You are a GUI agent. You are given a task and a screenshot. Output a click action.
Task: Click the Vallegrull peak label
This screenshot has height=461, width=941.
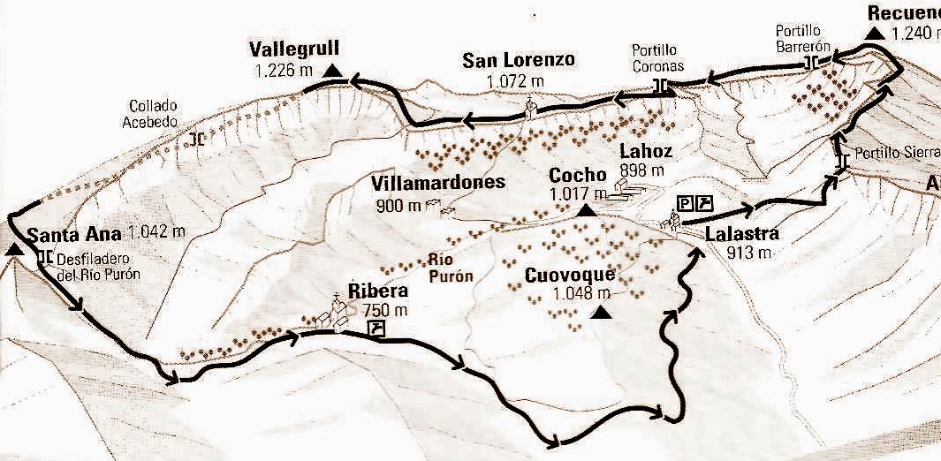click(294, 48)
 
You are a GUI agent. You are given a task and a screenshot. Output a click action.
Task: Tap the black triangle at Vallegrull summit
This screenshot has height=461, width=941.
click(331, 71)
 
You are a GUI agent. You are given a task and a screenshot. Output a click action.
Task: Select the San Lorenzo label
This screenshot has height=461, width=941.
click(518, 60)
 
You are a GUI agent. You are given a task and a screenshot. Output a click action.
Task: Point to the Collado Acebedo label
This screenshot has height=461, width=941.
click(151, 112)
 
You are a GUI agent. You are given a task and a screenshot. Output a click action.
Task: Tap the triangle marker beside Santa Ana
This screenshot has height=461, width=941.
click(13, 249)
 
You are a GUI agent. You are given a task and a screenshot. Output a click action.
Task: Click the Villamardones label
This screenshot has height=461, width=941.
click(438, 183)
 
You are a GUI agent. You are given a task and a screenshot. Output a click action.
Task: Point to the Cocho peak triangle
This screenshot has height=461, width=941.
click(585, 211)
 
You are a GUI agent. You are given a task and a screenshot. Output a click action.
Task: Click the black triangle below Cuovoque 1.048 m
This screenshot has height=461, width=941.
click(602, 312)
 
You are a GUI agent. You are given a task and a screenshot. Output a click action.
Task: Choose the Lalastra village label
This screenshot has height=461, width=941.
click(741, 234)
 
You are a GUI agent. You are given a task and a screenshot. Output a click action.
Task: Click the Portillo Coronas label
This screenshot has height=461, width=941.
click(658, 57)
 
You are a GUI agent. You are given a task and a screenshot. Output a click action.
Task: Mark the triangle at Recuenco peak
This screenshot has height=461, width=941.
click(875, 33)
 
